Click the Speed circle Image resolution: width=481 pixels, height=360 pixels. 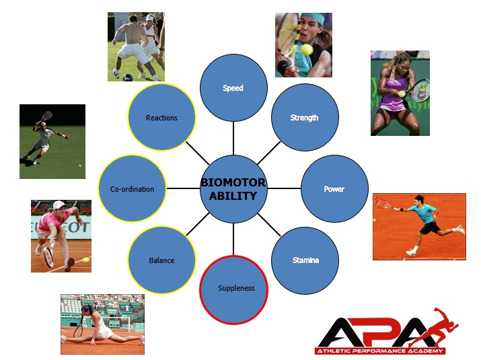point(233,87)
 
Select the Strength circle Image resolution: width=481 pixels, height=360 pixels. point(305,117)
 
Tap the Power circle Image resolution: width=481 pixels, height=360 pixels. point(334,188)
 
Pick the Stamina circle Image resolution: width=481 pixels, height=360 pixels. point(305,260)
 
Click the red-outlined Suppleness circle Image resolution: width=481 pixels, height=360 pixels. point(233,290)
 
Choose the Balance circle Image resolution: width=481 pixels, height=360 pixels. point(161,260)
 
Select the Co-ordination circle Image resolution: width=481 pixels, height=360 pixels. point(133,188)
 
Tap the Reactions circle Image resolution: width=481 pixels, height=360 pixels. point(161,117)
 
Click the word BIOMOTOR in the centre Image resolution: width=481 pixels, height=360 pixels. point(233,182)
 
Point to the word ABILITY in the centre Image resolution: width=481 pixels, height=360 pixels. point(233,196)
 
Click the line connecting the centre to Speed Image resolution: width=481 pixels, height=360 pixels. point(233,138)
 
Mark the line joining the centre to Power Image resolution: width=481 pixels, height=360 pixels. point(284,188)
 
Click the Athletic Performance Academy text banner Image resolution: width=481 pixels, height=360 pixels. point(380,351)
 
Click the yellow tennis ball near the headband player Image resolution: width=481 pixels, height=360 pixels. point(307,49)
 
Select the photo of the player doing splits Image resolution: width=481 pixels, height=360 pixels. point(102,324)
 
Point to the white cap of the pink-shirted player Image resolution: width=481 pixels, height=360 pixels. point(59,205)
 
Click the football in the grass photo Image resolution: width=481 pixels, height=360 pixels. point(128,77)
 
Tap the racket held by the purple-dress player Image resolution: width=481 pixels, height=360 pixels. point(419,90)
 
